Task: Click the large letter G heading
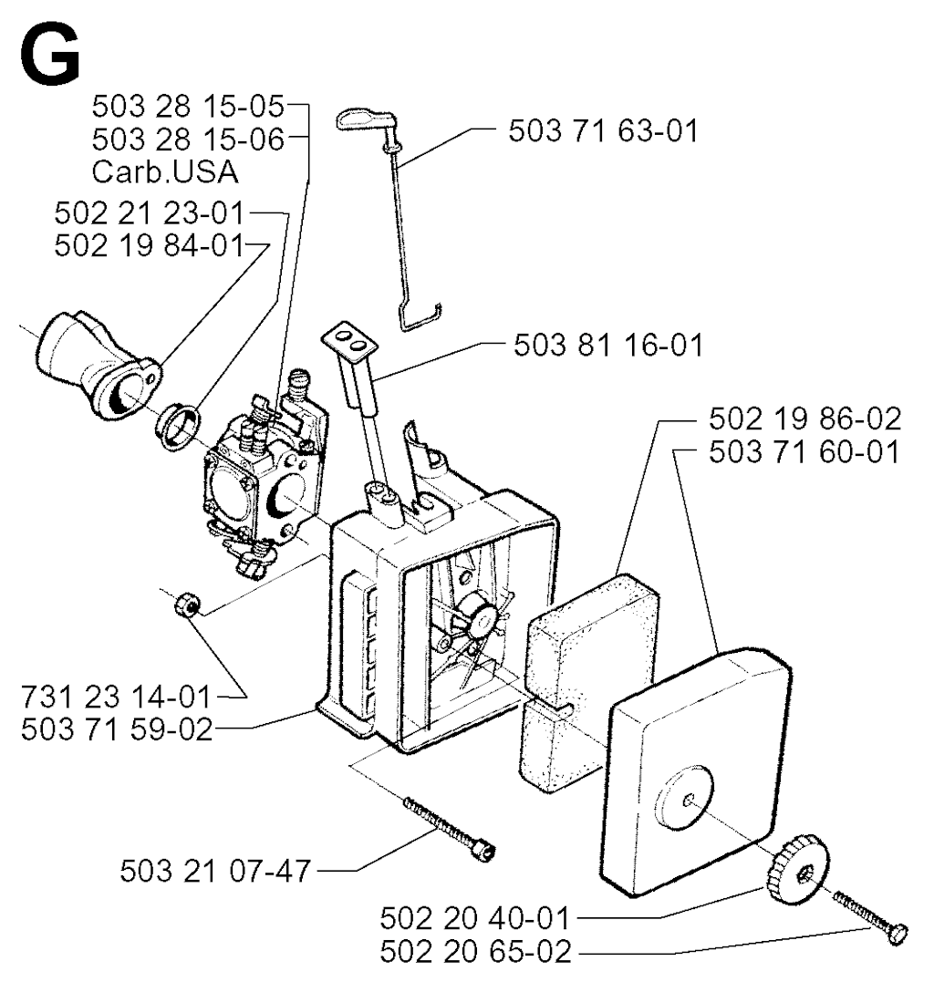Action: point(50,57)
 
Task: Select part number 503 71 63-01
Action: point(603,131)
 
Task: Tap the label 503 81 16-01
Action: point(608,345)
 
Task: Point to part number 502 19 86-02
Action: point(805,419)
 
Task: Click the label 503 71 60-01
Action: point(805,451)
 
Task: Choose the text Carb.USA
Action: point(165,172)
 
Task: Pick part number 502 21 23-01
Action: point(149,213)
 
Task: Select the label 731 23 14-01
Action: point(117,697)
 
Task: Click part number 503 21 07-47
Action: point(215,871)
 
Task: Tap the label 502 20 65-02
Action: point(475,951)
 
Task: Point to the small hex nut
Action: point(187,605)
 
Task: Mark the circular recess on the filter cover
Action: point(685,800)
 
